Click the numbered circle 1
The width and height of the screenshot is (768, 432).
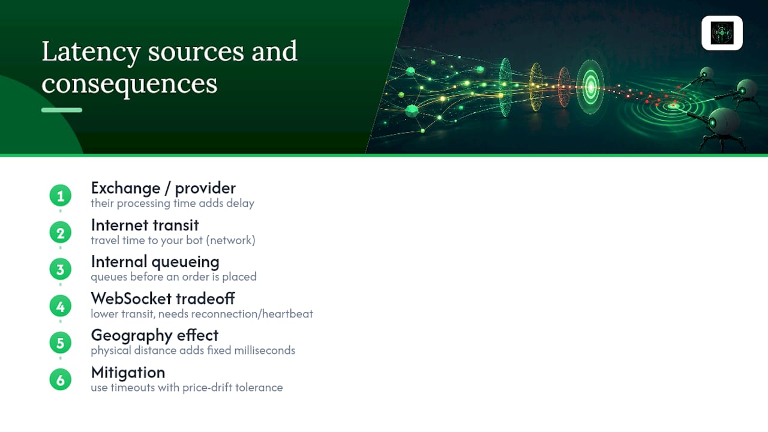(x=61, y=196)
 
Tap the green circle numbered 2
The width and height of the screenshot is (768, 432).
(x=61, y=233)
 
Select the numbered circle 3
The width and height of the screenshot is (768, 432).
(x=61, y=269)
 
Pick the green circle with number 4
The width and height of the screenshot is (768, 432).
(x=61, y=306)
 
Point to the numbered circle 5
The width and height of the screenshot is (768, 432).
(x=61, y=343)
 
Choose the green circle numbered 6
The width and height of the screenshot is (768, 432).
(x=61, y=380)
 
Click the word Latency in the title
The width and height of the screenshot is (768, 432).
(x=91, y=52)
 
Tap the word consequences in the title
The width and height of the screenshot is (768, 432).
(x=130, y=85)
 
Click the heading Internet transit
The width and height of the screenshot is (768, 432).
(x=145, y=225)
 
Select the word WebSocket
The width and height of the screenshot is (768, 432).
(x=131, y=299)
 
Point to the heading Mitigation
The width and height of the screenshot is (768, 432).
(x=128, y=373)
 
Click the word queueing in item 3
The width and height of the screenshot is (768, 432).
(x=185, y=262)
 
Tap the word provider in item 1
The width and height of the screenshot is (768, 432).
(x=205, y=188)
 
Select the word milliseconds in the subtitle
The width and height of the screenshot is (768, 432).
(x=265, y=350)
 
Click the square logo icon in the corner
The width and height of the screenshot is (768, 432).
(x=722, y=33)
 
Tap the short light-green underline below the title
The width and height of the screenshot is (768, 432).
(x=62, y=110)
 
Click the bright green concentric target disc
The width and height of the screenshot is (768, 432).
(x=590, y=88)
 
